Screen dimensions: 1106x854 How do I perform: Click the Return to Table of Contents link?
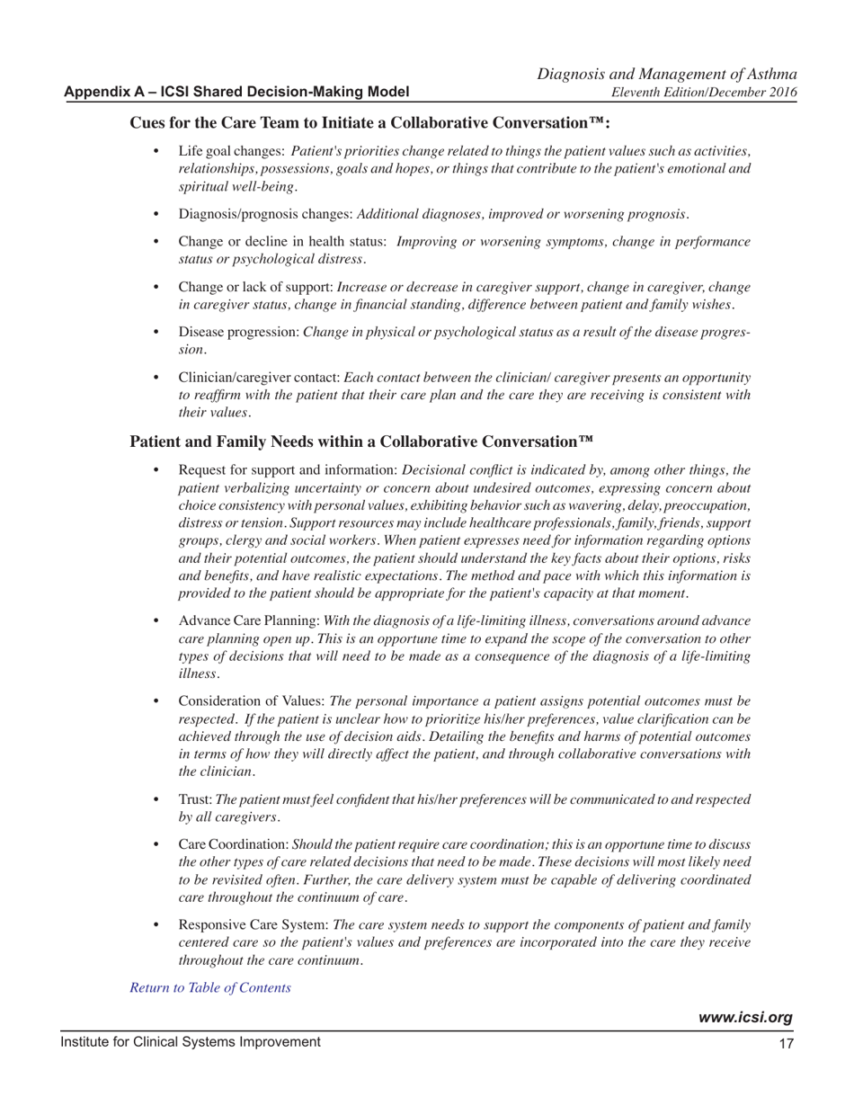[x=210, y=987]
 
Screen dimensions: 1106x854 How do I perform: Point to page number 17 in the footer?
[x=786, y=1043]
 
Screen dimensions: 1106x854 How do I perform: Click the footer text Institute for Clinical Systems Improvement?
[x=191, y=1042]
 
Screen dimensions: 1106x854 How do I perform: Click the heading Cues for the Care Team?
[x=370, y=123]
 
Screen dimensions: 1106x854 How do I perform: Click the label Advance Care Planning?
[x=249, y=621]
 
